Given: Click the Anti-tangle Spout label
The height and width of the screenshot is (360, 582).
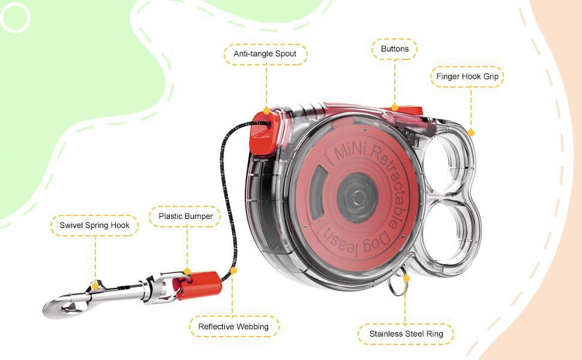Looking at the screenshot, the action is click(x=265, y=54).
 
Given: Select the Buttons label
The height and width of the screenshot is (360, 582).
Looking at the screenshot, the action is click(x=395, y=49).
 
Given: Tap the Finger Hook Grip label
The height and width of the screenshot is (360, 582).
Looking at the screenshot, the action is click(x=467, y=76).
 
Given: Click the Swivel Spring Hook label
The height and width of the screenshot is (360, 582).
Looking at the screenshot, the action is click(x=94, y=225).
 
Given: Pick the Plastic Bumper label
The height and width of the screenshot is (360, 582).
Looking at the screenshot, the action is click(x=185, y=217).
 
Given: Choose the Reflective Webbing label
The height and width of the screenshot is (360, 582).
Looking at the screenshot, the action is click(x=233, y=326).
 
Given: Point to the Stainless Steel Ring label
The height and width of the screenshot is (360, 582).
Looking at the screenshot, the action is click(x=406, y=334).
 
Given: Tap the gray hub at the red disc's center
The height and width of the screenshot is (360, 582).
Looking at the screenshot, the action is click(x=357, y=197).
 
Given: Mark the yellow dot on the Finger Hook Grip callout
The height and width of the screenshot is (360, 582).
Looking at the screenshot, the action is click(x=471, y=133).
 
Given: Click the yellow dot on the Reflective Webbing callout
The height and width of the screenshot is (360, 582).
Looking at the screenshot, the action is click(x=233, y=271).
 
